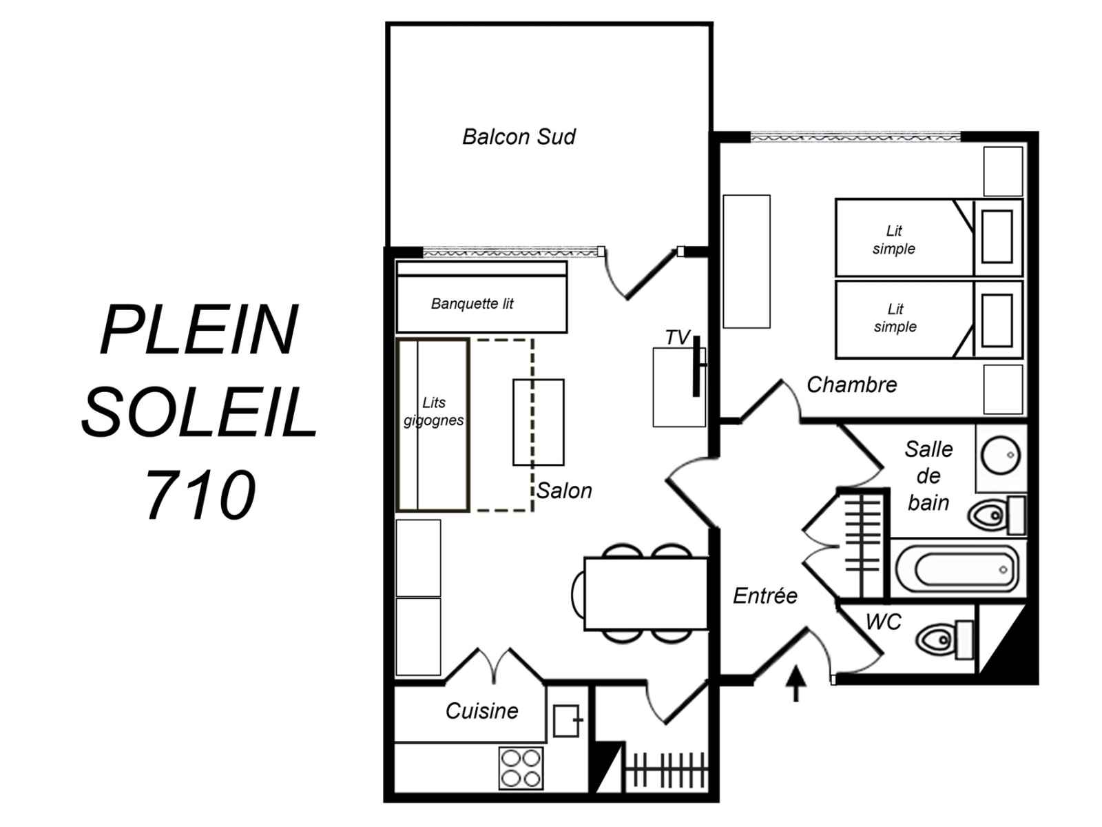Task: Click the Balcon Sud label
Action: click(x=519, y=136)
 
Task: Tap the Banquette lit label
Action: click(x=472, y=303)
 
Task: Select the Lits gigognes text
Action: click(x=433, y=411)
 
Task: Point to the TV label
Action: click(x=678, y=338)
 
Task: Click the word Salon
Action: click(x=564, y=491)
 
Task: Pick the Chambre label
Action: click(x=851, y=385)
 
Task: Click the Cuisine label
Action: click(x=481, y=711)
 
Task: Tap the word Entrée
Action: click(x=765, y=595)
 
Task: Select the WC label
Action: click(x=883, y=622)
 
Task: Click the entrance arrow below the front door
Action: click(x=796, y=682)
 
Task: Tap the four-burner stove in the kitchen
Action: click(x=521, y=768)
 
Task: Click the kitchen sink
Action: click(x=567, y=721)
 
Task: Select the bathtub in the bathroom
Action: click(x=957, y=569)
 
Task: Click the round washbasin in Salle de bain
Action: click(x=1000, y=455)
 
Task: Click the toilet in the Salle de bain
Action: click(x=997, y=515)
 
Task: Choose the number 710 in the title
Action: click(x=201, y=495)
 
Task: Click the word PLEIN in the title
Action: click(x=199, y=329)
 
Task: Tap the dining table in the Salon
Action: click(x=646, y=593)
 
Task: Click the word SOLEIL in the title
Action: click(x=199, y=411)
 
